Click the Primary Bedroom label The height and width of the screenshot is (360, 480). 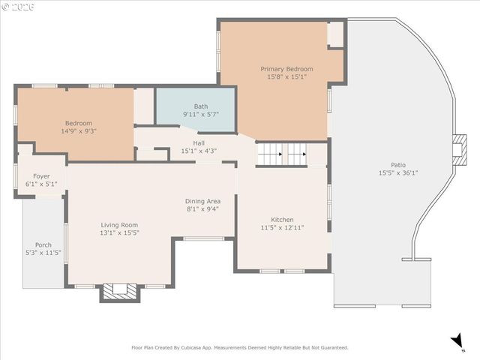(286, 69)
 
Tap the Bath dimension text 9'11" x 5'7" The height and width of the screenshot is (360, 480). (201, 115)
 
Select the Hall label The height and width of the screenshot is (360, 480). (198, 142)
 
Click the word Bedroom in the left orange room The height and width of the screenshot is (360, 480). (78, 123)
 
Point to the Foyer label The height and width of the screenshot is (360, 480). (41, 176)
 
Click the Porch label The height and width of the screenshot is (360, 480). (43, 245)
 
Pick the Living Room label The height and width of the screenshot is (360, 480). (119, 224)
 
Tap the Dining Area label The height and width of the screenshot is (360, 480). (202, 201)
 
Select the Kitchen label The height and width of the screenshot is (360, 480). (282, 220)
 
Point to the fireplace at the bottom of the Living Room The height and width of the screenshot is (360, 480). (120, 292)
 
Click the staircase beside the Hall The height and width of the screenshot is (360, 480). (282, 154)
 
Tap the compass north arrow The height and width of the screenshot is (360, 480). (457, 342)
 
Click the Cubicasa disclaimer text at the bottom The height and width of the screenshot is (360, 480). (240, 347)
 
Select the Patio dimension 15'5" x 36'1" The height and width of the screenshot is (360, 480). (398, 172)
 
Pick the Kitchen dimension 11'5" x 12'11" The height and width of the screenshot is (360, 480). (282, 228)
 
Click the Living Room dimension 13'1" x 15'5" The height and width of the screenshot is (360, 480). (119, 232)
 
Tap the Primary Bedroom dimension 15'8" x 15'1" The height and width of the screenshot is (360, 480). (286, 77)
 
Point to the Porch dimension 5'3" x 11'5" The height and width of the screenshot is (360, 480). (43, 253)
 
